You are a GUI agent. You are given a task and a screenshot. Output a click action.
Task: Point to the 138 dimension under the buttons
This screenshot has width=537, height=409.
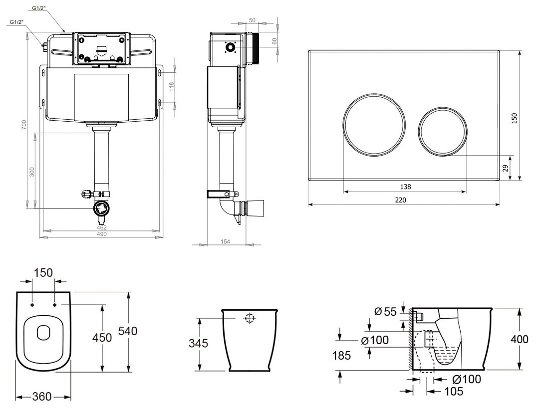pyautogui.click(x=405, y=187)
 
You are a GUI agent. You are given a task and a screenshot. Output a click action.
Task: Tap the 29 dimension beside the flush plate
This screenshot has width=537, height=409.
pyautogui.click(x=505, y=168)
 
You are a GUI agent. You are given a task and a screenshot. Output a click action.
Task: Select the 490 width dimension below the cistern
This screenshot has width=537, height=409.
pyautogui.click(x=101, y=234)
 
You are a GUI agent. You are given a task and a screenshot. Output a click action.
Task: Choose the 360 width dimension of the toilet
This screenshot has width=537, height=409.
pyautogui.click(x=42, y=397)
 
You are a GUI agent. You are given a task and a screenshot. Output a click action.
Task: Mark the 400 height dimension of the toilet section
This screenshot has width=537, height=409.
pyautogui.click(x=519, y=339)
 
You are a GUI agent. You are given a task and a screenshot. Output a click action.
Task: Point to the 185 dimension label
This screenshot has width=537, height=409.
pyautogui.click(x=341, y=356)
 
